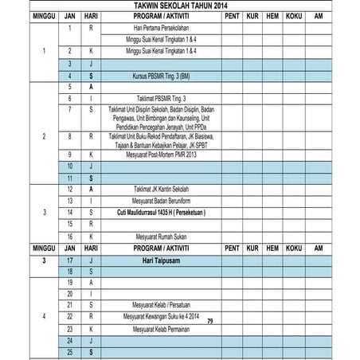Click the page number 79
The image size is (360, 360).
(x=209, y=320)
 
